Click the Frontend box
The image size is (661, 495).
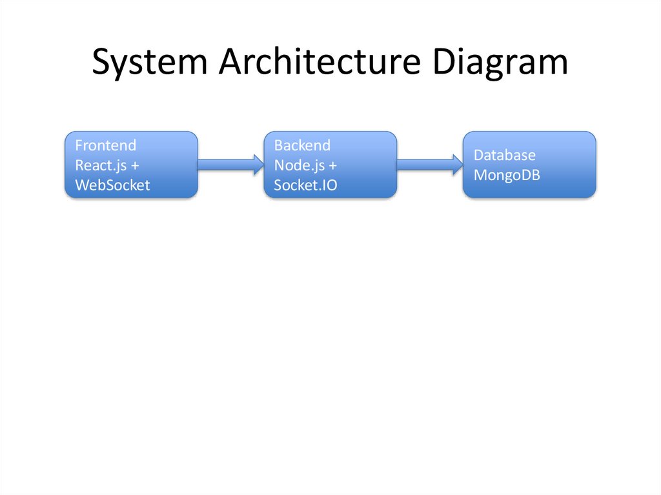[131, 165]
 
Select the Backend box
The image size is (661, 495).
[330, 165]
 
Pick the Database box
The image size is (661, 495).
[529, 165]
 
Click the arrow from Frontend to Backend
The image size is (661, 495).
[229, 165]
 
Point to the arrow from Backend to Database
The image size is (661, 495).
[429, 165]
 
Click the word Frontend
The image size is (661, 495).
[106, 145]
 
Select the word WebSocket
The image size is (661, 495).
[112, 185]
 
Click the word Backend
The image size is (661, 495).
[302, 145]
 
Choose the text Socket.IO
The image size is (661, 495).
[305, 185]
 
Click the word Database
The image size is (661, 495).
[505, 156]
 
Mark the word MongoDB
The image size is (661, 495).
[507, 175]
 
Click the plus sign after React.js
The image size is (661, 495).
[135, 165]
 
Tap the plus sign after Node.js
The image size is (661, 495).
[332, 165]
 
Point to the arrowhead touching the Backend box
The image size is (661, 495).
[257, 165]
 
